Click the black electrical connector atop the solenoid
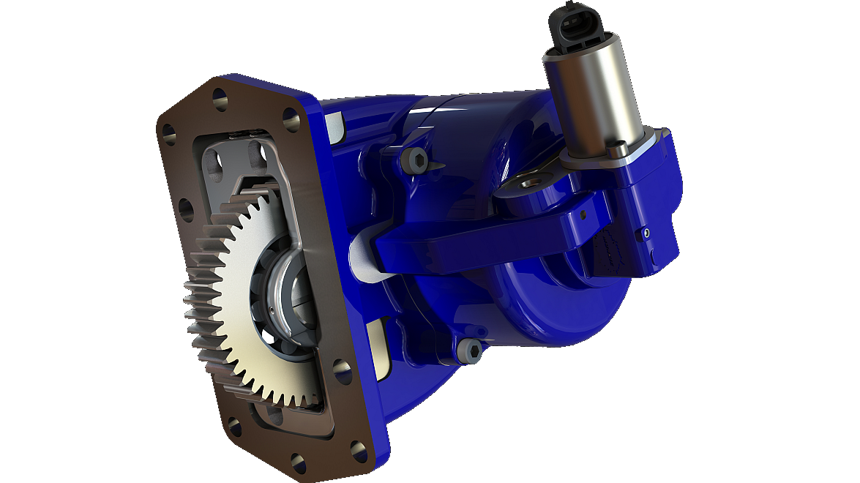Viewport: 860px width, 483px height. point(578,26)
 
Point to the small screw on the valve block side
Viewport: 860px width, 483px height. point(646,233)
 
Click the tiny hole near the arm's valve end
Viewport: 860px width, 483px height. point(583,215)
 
